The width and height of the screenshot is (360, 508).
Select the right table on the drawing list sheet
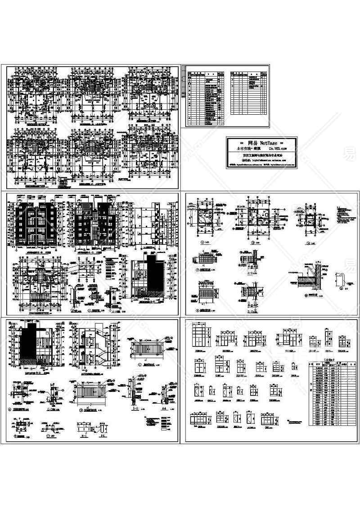click(248, 92)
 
